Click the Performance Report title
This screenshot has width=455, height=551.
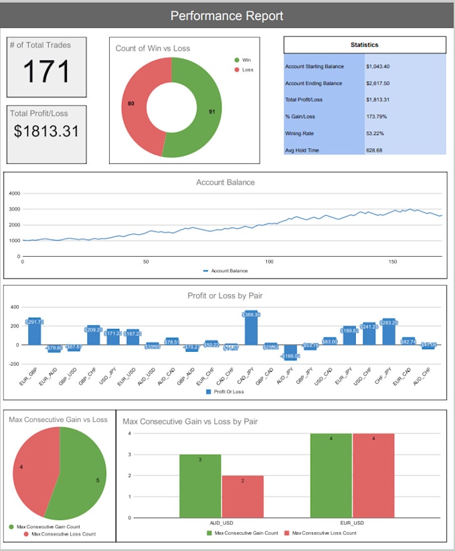(x=227, y=16)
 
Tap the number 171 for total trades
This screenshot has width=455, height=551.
(x=46, y=72)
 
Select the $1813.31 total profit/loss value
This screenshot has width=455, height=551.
(x=46, y=131)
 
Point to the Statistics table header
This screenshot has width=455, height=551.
(x=365, y=45)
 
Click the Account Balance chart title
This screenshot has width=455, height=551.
(x=225, y=182)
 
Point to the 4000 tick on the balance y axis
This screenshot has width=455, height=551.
(x=15, y=193)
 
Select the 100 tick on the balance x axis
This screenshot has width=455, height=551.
(x=269, y=261)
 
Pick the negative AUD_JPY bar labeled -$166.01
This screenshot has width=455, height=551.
(x=290, y=352)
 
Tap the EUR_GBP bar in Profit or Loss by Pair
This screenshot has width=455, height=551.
(x=34, y=332)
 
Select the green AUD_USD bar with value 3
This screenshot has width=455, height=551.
(x=200, y=485)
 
